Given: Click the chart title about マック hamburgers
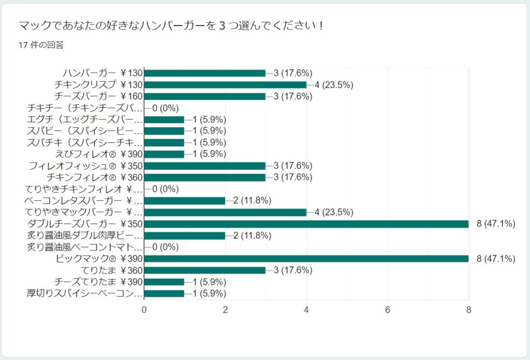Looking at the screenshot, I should coord(171,25).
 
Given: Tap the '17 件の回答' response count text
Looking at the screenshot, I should coord(41,45).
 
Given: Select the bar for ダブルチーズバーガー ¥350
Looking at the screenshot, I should coord(306,224).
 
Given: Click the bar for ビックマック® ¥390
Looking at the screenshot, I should coord(306,258).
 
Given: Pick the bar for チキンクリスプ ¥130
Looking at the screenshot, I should coord(225,84).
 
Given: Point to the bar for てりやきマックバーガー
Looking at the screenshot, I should coord(225,212).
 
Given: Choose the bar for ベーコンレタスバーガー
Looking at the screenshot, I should coord(184,200).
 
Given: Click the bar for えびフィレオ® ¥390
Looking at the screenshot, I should coord(164,154).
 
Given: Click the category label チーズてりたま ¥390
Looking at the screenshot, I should coord(98,282).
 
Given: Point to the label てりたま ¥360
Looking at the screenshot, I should coord(112,270).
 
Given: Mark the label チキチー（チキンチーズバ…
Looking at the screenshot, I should coord(84,108).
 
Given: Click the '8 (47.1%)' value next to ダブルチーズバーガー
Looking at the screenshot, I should coord(495,224).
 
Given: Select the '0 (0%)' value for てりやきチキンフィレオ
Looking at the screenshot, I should coord(165,189).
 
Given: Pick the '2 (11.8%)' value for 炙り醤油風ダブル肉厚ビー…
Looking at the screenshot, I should coord(253,235).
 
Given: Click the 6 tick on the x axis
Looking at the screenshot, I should coord(388,310).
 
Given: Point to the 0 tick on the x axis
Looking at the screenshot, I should coord(144,310).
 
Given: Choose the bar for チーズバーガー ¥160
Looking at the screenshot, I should coord(204,96).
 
